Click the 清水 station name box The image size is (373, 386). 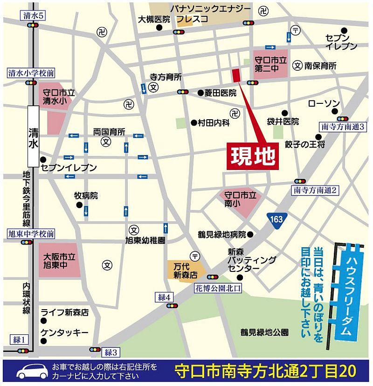pos(33,135)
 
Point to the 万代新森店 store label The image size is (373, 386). pos(183,270)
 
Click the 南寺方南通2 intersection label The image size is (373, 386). pos(315,190)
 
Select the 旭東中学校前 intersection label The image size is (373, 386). pos(31,233)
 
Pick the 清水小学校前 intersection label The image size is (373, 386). pos(31,73)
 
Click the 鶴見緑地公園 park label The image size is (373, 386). pos(264,332)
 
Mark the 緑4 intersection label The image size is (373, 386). pos(166,297)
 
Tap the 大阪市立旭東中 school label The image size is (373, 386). pos(57,261)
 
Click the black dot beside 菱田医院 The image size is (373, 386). pos(200,93)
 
